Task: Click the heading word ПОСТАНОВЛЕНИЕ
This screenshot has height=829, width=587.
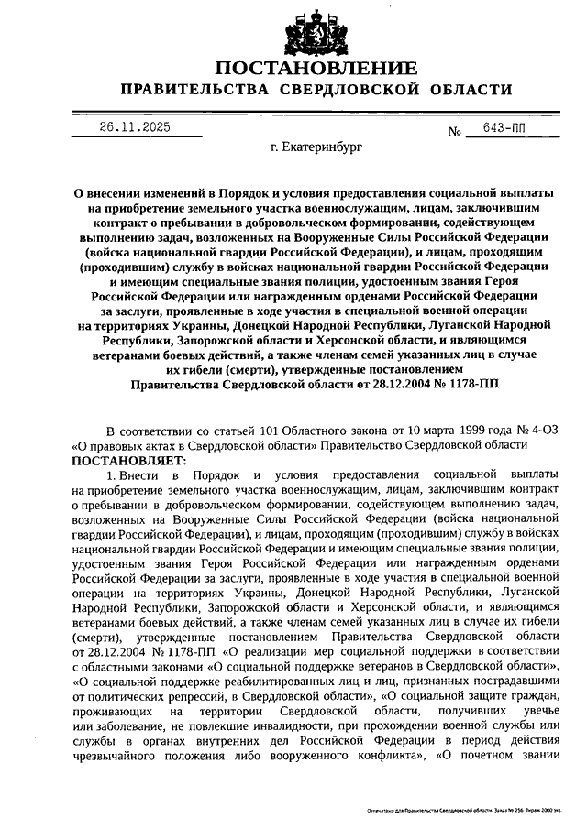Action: click(316, 68)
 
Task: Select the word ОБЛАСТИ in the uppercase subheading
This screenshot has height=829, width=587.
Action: click(466, 89)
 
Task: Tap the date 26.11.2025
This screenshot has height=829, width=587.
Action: click(135, 128)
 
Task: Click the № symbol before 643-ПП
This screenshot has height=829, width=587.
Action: click(454, 133)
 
